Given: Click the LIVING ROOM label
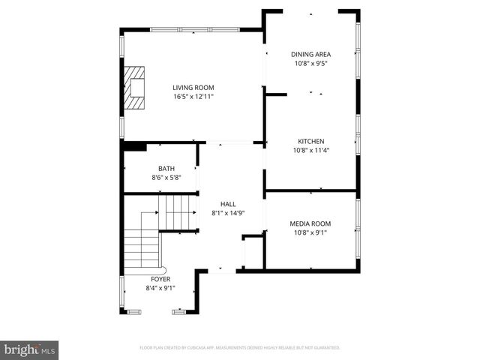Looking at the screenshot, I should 193,88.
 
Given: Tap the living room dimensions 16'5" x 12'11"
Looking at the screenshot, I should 193,97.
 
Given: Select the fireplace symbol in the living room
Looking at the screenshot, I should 135,88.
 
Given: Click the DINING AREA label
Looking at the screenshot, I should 311,54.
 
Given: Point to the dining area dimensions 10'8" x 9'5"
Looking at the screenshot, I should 311,63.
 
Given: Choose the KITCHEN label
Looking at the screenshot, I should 311,141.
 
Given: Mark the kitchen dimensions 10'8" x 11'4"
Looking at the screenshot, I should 311,150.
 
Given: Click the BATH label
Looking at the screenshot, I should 166,169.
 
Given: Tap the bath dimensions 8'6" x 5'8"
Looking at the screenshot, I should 166,178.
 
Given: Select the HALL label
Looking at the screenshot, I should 228,204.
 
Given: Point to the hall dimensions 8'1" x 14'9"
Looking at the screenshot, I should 228,213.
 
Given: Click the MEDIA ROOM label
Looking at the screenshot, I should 310,223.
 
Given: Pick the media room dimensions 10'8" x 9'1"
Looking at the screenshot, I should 310,232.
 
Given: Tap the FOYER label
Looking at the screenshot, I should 160,279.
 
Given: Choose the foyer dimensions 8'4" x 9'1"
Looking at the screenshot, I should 160,288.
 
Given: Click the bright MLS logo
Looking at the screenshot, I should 30,349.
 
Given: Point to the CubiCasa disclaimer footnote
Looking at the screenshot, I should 240,348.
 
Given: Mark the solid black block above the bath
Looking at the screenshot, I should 134,146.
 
